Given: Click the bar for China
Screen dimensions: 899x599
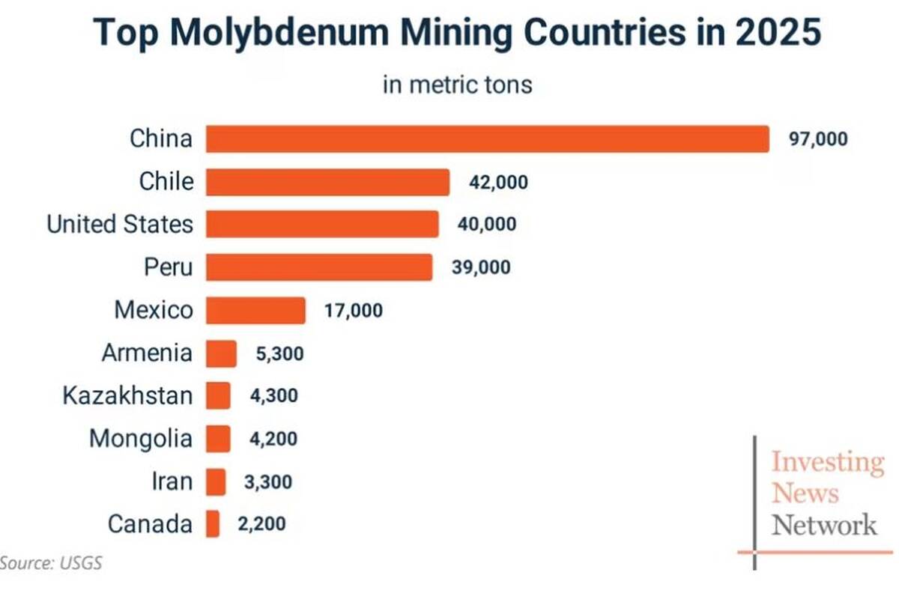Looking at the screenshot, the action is tap(488, 139).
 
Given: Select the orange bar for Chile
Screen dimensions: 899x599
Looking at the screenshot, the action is tap(327, 182).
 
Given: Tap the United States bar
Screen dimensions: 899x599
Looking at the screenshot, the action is tap(322, 224).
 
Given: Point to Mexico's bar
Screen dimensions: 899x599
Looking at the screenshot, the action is tap(255, 310).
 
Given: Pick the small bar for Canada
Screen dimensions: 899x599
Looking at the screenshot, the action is tap(213, 523).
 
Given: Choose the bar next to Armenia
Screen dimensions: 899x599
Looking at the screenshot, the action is tap(221, 353).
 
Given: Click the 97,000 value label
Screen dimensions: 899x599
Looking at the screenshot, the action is tap(818, 139).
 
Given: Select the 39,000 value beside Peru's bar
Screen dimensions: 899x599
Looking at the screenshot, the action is tap(481, 267).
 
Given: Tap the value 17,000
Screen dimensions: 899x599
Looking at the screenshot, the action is tap(354, 311).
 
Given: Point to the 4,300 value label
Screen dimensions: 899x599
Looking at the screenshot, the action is tap(274, 395).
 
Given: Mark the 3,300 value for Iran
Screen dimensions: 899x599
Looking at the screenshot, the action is tap(268, 482).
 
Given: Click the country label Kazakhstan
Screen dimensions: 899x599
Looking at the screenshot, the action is tap(127, 395).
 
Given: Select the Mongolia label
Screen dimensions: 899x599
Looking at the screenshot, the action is tap(141, 439).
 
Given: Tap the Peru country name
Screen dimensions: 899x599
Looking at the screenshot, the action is tap(169, 267).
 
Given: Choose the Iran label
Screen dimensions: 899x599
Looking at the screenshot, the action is tap(172, 481).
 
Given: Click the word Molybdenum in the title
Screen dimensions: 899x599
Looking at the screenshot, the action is tap(279, 33).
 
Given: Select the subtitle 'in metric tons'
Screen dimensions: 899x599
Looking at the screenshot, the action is tap(458, 85).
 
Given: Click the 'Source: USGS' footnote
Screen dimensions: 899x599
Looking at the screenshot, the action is tap(51, 563).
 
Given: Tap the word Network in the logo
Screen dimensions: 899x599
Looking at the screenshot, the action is tap(824, 524).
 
